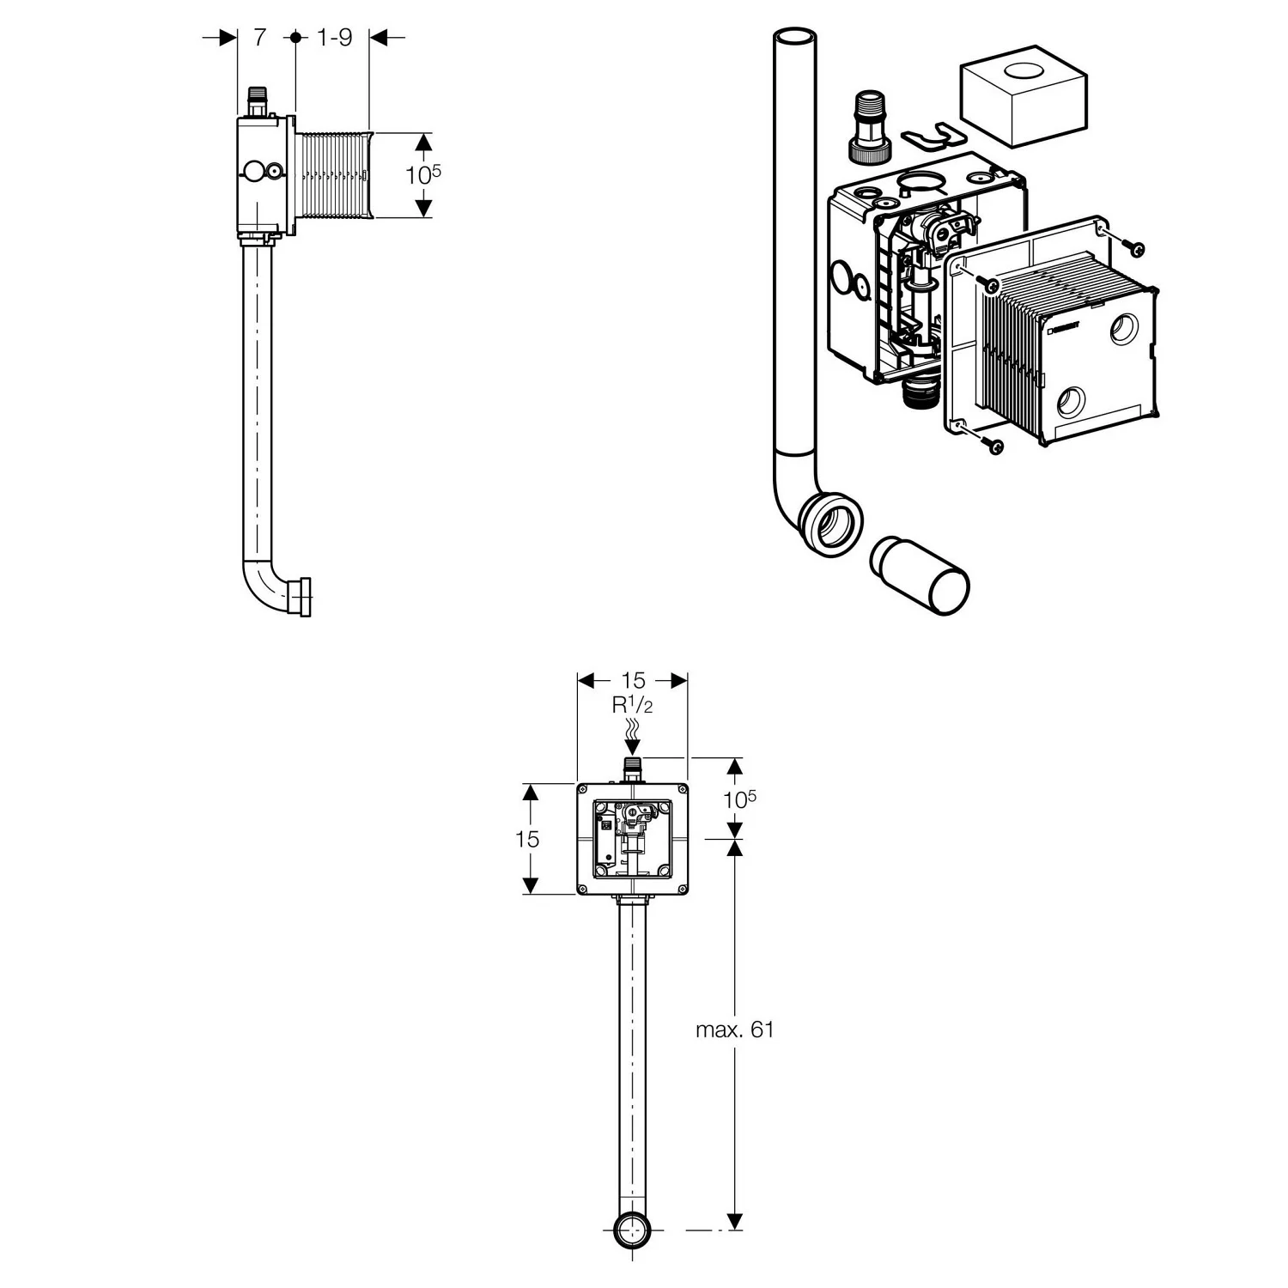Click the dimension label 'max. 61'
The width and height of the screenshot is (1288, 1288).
(x=734, y=1030)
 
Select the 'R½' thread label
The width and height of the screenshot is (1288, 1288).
(x=633, y=705)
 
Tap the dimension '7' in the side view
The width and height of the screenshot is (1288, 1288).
(x=259, y=38)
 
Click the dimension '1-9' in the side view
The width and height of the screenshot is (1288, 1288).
(x=334, y=38)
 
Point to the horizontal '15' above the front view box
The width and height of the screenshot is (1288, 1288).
(x=633, y=680)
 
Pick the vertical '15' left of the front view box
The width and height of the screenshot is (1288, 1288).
(x=527, y=839)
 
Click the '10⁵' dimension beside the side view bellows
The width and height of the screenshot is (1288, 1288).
(x=422, y=174)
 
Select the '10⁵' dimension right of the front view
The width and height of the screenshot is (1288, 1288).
(x=739, y=799)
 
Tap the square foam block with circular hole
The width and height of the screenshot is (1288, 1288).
(x=1021, y=101)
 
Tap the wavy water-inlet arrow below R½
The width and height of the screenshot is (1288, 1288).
(x=633, y=732)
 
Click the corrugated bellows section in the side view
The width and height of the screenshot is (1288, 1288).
(x=333, y=174)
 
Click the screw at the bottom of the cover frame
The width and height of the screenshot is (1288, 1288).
(x=994, y=446)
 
